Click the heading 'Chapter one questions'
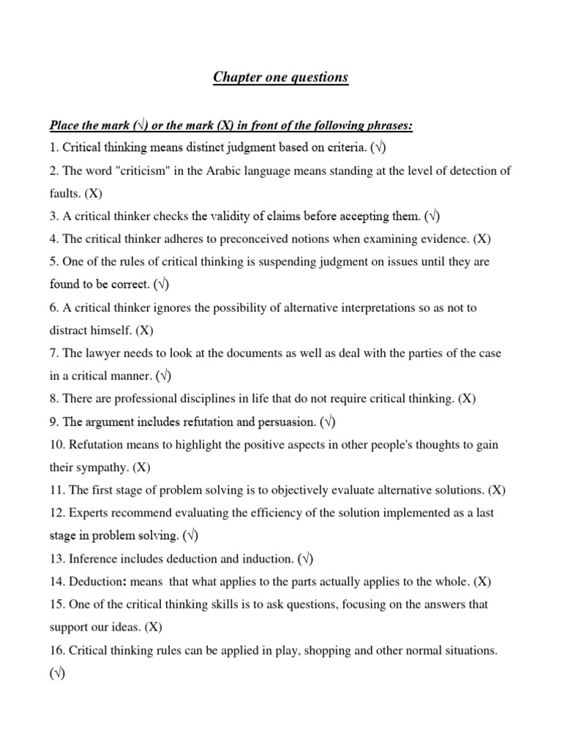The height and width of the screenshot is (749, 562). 281,78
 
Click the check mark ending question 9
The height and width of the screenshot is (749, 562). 326,422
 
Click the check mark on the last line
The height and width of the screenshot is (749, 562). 58,674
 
